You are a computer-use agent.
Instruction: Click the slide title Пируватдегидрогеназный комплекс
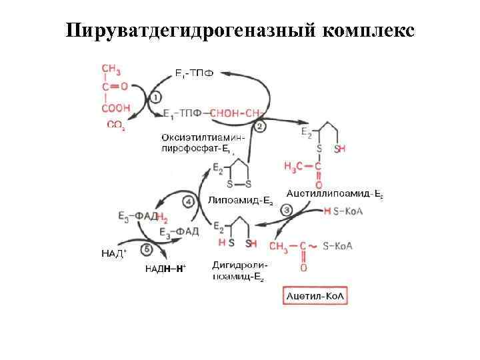coord(240,31)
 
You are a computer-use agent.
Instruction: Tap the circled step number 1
coord(155,97)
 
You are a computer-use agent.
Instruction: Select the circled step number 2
coord(260,126)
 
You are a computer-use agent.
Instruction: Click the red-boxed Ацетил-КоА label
coord(317,295)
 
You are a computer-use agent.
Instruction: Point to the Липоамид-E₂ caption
coord(241,199)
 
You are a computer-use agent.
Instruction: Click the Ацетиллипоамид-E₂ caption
coord(334,193)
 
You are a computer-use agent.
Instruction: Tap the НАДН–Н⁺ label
coord(166,268)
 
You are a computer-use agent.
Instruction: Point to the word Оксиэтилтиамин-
coord(203,137)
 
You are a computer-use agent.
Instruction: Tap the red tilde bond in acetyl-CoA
coord(313,245)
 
